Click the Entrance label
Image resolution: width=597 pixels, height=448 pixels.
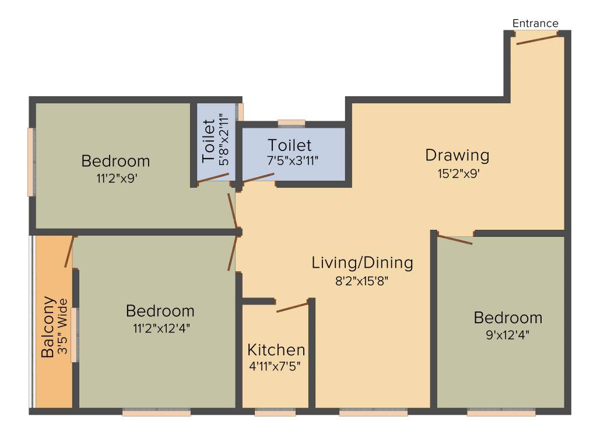[x=535, y=23]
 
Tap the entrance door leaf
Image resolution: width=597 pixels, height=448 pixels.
[x=536, y=38]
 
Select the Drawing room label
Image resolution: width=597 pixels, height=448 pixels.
[x=457, y=155]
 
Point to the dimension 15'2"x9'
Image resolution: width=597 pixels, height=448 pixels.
[x=457, y=173]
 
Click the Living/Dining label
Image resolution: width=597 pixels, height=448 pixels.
[x=362, y=262]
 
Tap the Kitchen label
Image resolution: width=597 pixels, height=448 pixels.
[x=276, y=350]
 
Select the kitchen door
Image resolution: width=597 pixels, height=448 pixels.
[x=292, y=307]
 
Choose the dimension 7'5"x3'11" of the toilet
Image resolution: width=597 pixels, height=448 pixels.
[x=290, y=160]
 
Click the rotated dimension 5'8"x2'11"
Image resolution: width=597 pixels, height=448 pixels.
[x=224, y=142]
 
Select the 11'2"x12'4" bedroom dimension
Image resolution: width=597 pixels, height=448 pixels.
[x=161, y=327]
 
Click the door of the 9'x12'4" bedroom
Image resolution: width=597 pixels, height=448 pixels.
[x=455, y=239]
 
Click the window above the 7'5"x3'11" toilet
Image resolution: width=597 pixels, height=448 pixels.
[x=292, y=123]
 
